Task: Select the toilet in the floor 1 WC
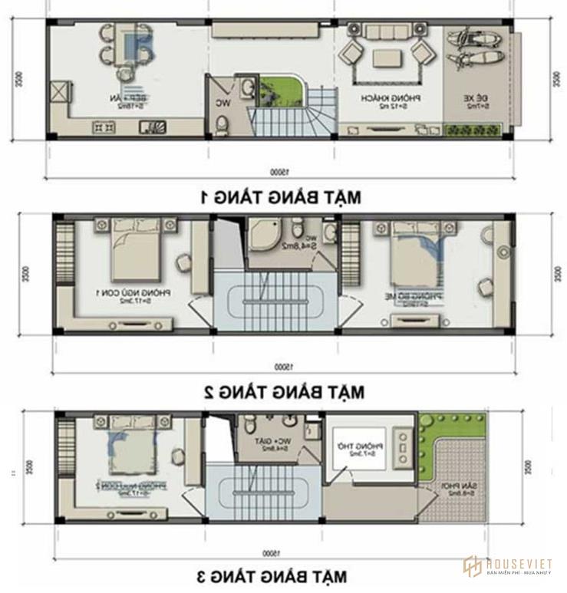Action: click(x=221, y=124)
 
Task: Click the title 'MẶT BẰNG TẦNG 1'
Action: click(x=280, y=196)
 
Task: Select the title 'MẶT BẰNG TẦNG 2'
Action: click(x=283, y=391)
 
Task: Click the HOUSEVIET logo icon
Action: click(x=471, y=566)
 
